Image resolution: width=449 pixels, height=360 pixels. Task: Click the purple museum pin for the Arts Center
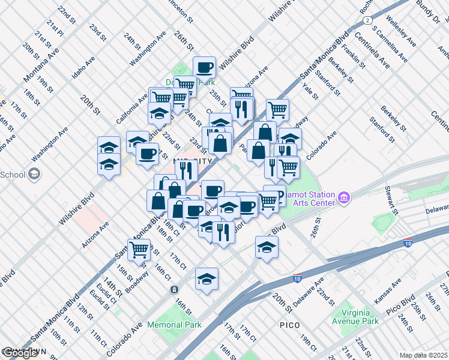pyautogui.click(x=344, y=197)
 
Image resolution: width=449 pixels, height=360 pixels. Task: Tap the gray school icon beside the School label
pyautogui.click(x=35, y=175)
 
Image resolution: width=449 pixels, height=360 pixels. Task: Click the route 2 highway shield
pyautogui.click(x=366, y=20)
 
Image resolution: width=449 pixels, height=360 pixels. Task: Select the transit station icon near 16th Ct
pyautogui.click(x=174, y=289)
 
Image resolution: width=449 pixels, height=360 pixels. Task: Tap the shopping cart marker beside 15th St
pyautogui.click(x=139, y=249)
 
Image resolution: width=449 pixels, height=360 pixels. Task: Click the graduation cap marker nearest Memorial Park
pyautogui.click(x=206, y=278)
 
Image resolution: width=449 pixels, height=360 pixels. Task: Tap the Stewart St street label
pyautogui.click(x=392, y=199)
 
